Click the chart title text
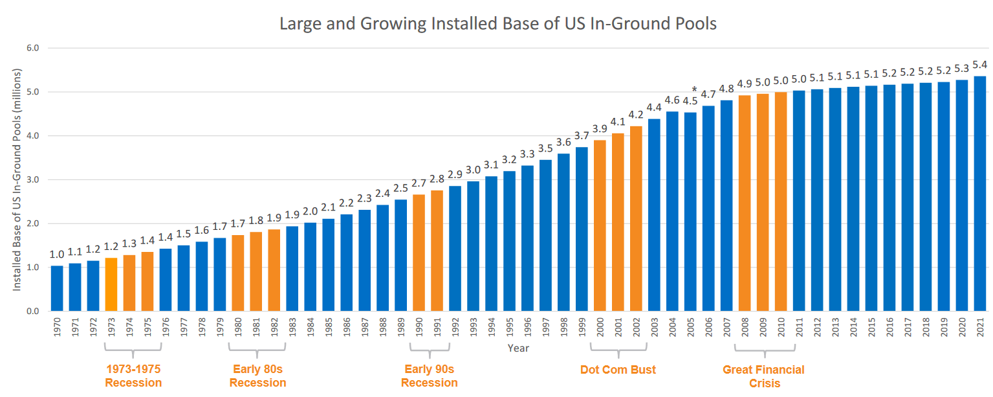pyautogui.click(x=497, y=24)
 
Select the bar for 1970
pyautogui.click(x=57, y=289)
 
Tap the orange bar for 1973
pyautogui.click(x=111, y=285)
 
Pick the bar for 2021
pyautogui.click(x=980, y=194)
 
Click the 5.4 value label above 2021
pyautogui.click(x=980, y=65)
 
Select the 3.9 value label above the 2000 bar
pyautogui.click(x=600, y=129)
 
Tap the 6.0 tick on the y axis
pyautogui.click(x=33, y=48)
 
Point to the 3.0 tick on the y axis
pyautogui.click(x=33, y=180)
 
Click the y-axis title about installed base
pyautogui.click(x=17, y=179)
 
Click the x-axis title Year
pyautogui.click(x=518, y=348)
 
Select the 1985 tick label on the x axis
pyautogui.click(x=329, y=329)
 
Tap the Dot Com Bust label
pyautogui.click(x=618, y=370)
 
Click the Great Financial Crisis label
pyautogui.click(x=763, y=376)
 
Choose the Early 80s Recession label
pyautogui.click(x=257, y=376)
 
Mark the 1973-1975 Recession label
pyautogui.click(x=133, y=376)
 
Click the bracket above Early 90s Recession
pyautogui.click(x=429, y=354)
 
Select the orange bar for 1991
pyautogui.click(x=437, y=251)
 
